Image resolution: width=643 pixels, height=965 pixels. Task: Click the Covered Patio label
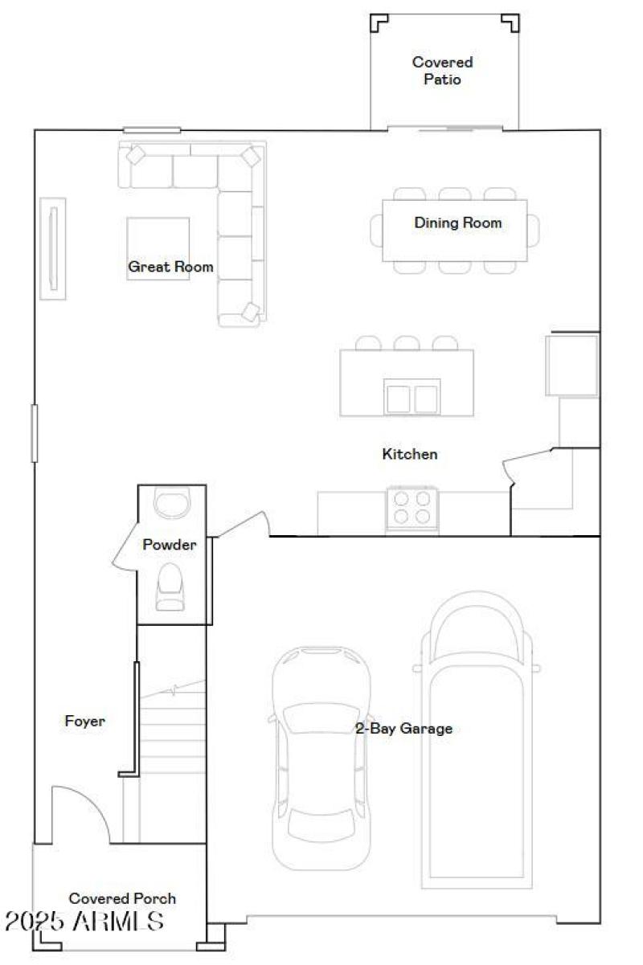tap(442, 71)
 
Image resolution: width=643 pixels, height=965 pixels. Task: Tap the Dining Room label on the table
tap(457, 223)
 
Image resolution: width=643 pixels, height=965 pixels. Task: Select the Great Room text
tap(171, 267)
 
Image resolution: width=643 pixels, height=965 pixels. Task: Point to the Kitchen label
tap(409, 454)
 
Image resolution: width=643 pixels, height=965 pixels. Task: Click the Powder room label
tap(170, 545)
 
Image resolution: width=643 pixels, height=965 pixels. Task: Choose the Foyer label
tap(84, 722)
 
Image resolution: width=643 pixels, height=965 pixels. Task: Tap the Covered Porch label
tap(122, 898)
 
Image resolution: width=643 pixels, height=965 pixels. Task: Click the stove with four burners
tap(411, 507)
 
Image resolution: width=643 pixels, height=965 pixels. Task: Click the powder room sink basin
tap(170, 505)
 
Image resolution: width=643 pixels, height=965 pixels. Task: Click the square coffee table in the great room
tap(158, 247)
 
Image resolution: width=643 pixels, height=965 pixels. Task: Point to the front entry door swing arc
tap(80, 812)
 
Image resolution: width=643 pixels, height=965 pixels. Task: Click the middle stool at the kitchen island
tap(407, 344)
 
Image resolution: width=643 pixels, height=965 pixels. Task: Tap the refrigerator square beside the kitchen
tap(571, 365)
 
